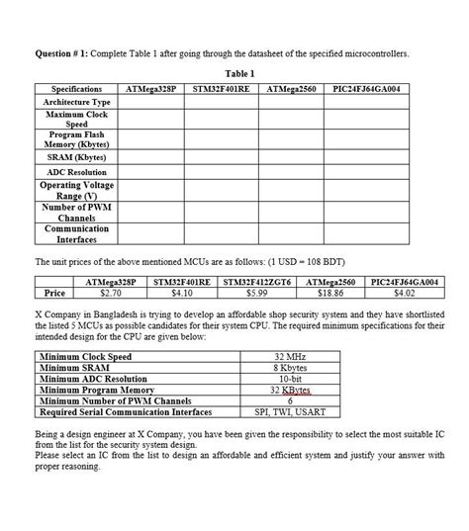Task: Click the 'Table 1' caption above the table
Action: tap(240, 73)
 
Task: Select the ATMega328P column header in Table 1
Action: tap(151, 88)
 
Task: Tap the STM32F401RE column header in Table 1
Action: tap(222, 88)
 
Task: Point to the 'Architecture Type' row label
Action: tap(76, 102)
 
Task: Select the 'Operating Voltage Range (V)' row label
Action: tap(76, 190)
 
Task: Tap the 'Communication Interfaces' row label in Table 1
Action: tap(76, 233)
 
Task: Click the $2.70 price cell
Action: tap(111, 293)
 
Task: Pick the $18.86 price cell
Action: tap(331, 293)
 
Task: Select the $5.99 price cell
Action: tap(257, 293)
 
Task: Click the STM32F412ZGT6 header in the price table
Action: tap(257, 282)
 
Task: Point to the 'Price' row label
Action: tap(55, 293)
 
